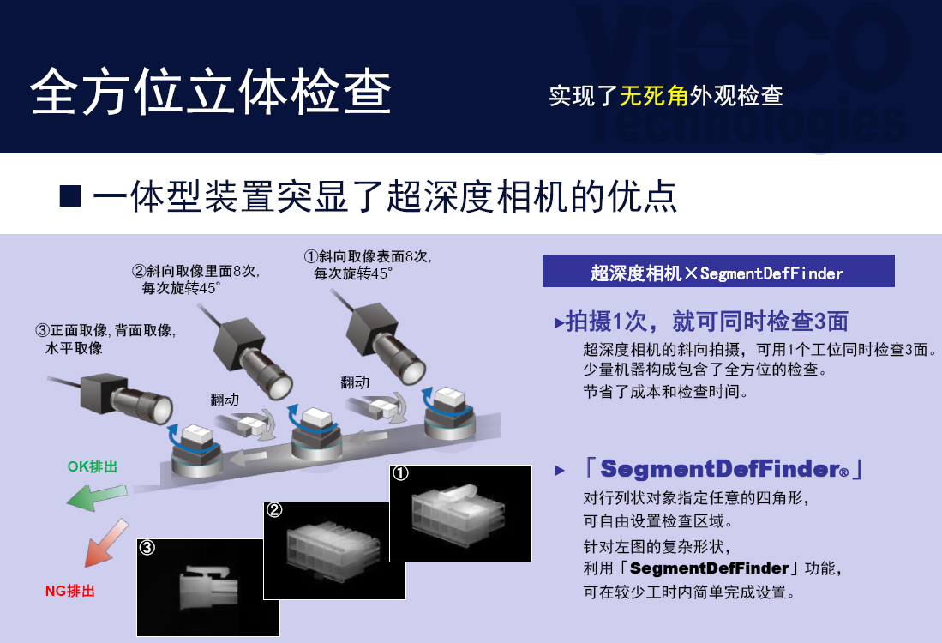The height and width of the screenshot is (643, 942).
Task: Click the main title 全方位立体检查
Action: [x=211, y=92]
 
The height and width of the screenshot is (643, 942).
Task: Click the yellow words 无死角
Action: [x=654, y=95]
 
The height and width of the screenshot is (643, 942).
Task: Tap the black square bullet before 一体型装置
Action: [x=70, y=196]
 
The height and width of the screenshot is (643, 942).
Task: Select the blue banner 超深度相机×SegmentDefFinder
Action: [x=718, y=271]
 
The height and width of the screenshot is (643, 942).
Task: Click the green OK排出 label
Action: [x=92, y=466]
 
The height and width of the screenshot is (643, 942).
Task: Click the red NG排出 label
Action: [x=70, y=591]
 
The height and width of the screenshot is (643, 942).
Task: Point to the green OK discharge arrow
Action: [x=96, y=497]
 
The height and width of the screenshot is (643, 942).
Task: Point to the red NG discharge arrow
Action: [x=105, y=544]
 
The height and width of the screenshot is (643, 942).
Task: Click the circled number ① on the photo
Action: [x=400, y=473]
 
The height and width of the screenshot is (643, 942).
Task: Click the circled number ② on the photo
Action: [x=274, y=510]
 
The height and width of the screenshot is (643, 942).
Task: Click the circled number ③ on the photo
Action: [x=147, y=547]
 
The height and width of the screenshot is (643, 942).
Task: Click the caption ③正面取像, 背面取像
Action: [x=105, y=330]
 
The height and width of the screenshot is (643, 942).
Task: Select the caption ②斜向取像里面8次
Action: [x=195, y=271]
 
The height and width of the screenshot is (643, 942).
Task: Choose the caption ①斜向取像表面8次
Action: [x=368, y=256]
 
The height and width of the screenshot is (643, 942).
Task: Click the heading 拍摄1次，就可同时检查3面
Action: [x=701, y=321]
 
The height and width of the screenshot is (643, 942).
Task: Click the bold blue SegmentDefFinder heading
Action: [x=724, y=469]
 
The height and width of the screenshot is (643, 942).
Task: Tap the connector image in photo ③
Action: [x=208, y=587]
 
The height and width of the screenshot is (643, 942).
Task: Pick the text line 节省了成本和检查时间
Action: [x=666, y=392]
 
